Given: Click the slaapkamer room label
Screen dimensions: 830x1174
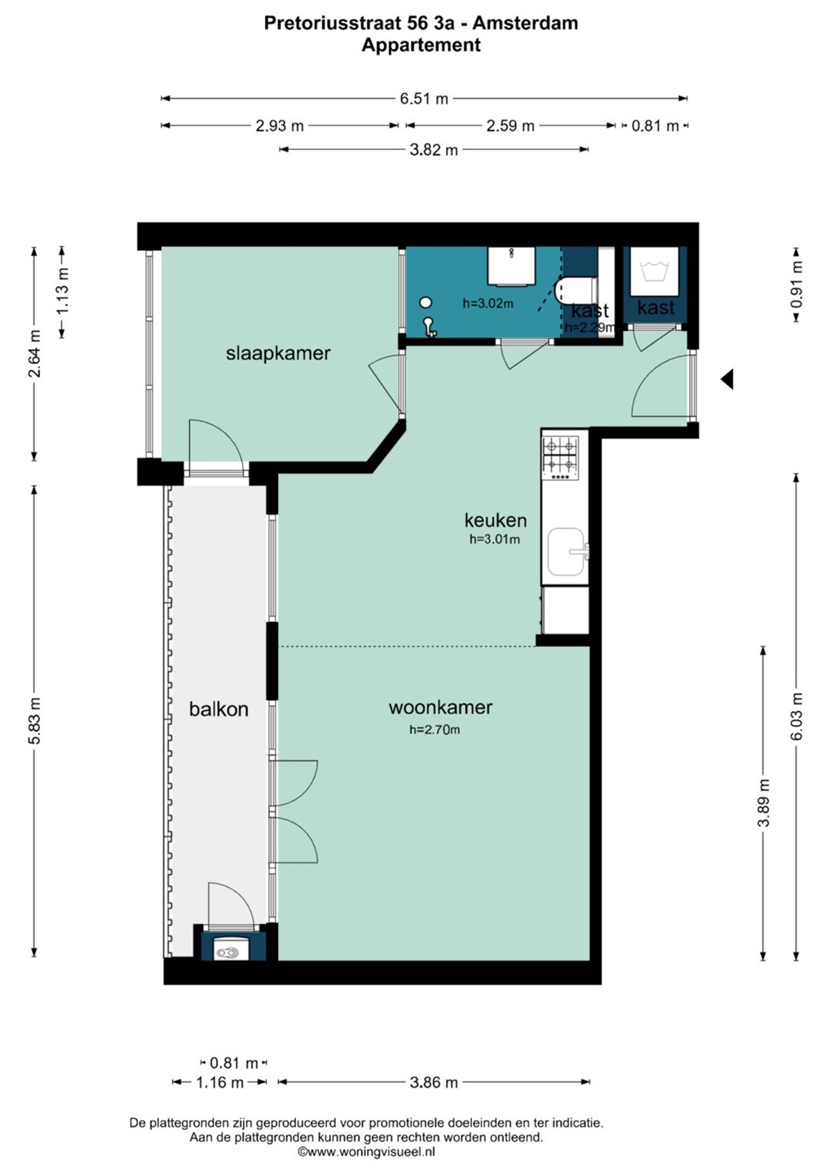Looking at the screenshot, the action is pyautogui.click(x=278, y=354).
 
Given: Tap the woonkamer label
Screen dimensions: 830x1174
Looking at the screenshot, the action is pyautogui.click(x=440, y=707).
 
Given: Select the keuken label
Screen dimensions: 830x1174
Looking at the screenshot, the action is pyautogui.click(x=496, y=520).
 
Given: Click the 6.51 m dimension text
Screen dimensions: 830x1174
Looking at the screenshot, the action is pyautogui.click(x=424, y=99).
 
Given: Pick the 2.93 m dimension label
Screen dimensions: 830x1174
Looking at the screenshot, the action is pyautogui.click(x=280, y=126).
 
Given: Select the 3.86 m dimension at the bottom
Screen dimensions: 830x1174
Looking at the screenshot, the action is pyautogui.click(x=434, y=1082).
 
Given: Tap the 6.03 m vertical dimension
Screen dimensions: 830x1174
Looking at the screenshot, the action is pyautogui.click(x=797, y=717).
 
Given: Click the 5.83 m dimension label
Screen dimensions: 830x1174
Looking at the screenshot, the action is pyautogui.click(x=34, y=721).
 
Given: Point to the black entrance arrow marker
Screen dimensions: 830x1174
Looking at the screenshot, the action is pyautogui.click(x=727, y=379).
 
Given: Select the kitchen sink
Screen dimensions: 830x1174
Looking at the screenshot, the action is pyautogui.click(x=567, y=552).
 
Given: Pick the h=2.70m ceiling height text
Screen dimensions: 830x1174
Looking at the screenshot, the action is pyautogui.click(x=435, y=730).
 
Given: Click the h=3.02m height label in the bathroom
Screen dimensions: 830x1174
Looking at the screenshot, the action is pyautogui.click(x=488, y=303).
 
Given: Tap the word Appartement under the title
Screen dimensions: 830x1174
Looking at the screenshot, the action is pyautogui.click(x=422, y=46).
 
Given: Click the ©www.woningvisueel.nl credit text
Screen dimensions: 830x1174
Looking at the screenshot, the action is pyautogui.click(x=366, y=1151).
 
